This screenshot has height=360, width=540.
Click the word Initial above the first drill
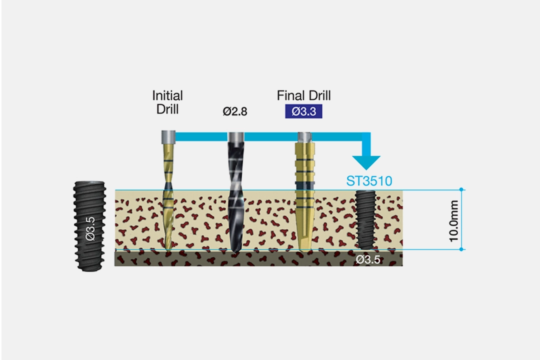pyautogui.click(x=167, y=95)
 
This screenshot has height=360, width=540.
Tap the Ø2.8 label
pyautogui.click(x=235, y=112)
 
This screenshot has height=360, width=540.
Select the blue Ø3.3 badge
pyautogui.click(x=303, y=111)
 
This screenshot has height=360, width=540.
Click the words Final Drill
pyautogui.click(x=303, y=95)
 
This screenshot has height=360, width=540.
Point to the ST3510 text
pyautogui.click(x=369, y=180)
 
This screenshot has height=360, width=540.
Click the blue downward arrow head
pyautogui.click(x=366, y=163)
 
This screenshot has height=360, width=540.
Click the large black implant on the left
pyautogui.click(x=90, y=226)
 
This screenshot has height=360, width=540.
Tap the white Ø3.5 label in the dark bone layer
pyautogui.click(x=368, y=259)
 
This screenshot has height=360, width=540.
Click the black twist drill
pyautogui.click(x=235, y=195)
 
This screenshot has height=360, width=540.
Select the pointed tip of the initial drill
pyautogui.click(x=168, y=248)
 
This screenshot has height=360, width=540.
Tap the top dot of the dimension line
pyautogui.click(x=461, y=189)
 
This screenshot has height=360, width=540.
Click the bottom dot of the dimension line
pyautogui.click(x=461, y=249)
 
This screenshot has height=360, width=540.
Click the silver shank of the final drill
pyautogui.click(x=304, y=136)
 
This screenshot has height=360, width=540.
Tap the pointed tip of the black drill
pyautogui.click(x=235, y=250)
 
